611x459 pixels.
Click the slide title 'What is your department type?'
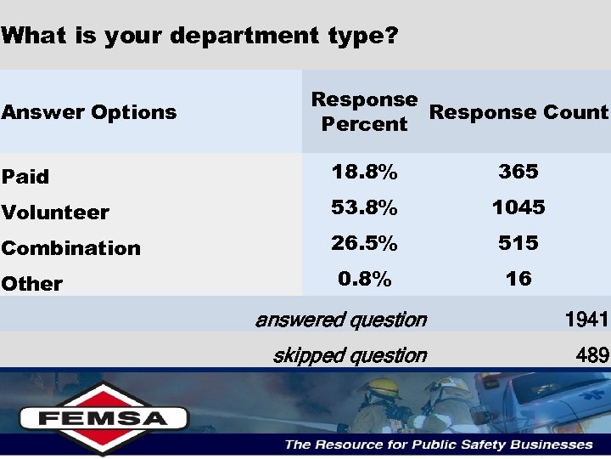(199, 37)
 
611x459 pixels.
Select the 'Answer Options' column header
(89, 112)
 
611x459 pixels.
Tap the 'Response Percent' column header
(364, 111)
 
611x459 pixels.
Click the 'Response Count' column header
(519, 112)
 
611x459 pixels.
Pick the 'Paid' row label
(25, 177)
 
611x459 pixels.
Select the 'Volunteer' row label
(55, 212)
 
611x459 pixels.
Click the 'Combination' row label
(70, 248)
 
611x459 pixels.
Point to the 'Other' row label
(32, 284)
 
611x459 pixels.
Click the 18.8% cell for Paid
(364, 172)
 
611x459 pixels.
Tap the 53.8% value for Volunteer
(364, 207)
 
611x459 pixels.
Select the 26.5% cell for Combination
(364, 243)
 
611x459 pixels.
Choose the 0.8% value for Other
(364, 279)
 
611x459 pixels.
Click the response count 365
(519, 172)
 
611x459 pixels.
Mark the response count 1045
(519, 207)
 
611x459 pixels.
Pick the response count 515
(519, 243)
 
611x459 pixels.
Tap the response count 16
(519, 279)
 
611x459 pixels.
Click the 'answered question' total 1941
(586, 320)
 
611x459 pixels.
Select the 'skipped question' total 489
(591, 355)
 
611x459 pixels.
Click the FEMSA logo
(103, 417)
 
